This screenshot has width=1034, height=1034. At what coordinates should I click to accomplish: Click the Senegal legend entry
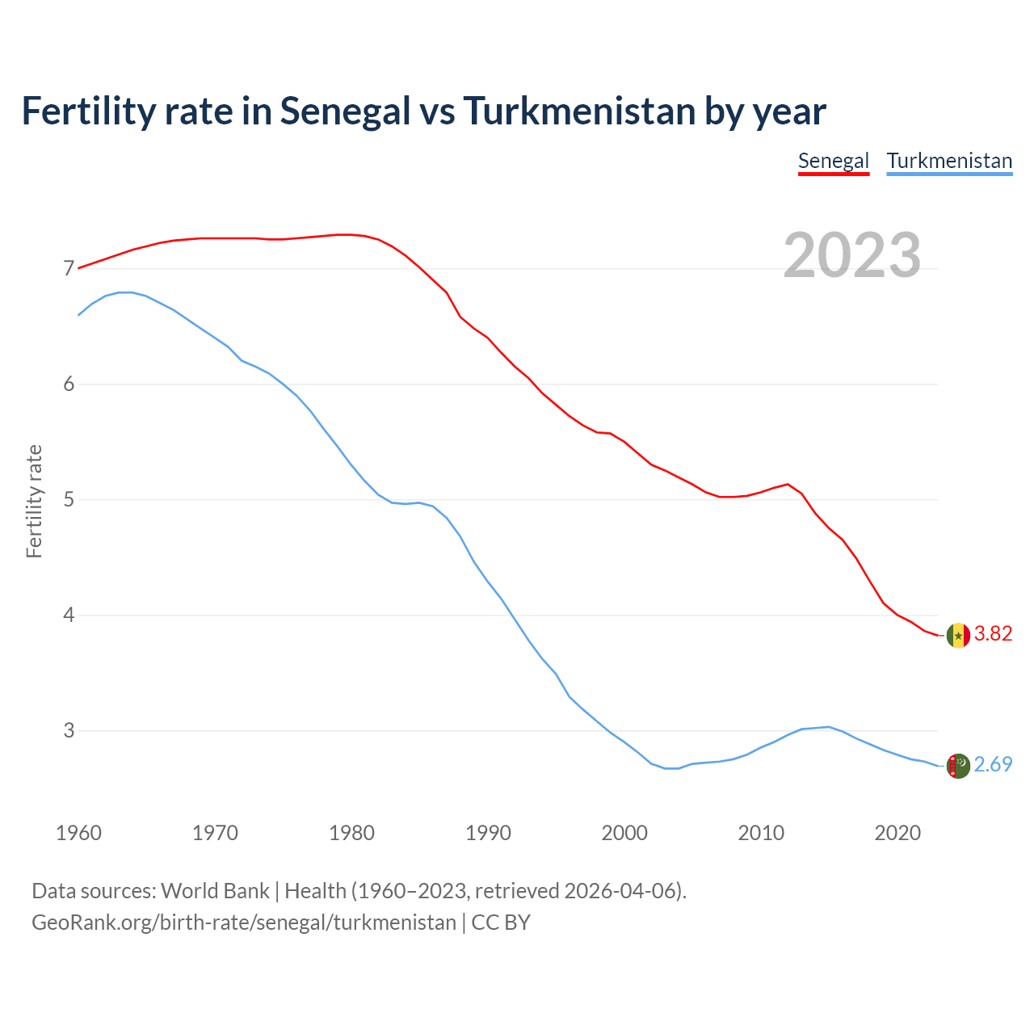click(833, 161)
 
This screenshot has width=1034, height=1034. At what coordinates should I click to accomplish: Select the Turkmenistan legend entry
click(949, 161)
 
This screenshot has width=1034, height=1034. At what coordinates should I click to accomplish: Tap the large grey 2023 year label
click(852, 255)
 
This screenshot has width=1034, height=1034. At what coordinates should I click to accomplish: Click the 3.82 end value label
click(993, 634)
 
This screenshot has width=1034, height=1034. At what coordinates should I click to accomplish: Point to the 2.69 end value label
click(993, 765)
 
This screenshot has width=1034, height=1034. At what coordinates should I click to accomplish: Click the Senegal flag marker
click(958, 636)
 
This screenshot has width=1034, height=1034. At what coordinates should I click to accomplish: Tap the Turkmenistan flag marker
click(958, 765)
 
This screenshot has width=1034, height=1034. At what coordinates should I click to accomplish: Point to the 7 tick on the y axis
click(69, 268)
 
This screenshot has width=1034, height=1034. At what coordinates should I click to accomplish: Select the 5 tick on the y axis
click(69, 500)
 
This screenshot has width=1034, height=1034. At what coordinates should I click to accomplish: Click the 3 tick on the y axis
click(69, 731)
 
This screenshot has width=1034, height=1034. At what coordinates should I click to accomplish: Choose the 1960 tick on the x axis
click(78, 833)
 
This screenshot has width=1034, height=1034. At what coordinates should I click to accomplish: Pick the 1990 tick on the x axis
click(488, 833)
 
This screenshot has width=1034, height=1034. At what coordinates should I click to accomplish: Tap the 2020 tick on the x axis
click(897, 833)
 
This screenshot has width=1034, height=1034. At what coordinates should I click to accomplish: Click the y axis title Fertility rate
click(34, 501)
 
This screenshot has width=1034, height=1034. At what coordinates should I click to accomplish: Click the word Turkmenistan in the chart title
click(579, 111)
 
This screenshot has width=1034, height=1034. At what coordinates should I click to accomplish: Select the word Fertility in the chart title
click(87, 111)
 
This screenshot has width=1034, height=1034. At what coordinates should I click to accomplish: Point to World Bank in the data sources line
click(215, 891)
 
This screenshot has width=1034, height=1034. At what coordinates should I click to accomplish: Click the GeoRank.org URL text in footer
click(244, 923)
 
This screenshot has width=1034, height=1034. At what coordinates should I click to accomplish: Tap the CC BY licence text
click(501, 923)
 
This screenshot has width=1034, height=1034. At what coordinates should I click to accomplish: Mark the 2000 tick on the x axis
click(624, 833)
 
